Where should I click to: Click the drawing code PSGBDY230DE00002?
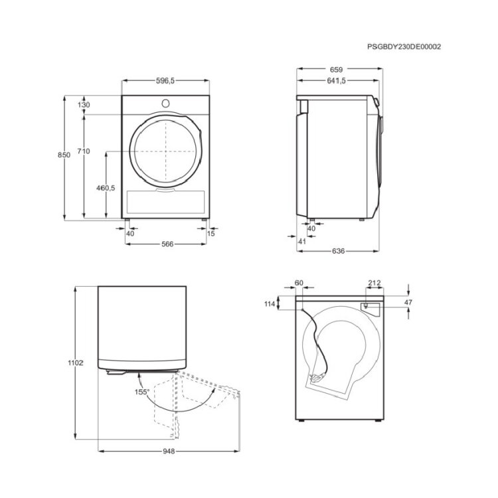click(x=404, y=46)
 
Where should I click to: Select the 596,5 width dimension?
click(x=165, y=80)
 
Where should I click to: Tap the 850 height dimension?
click(x=64, y=155)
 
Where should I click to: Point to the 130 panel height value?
click(x=84, y=104)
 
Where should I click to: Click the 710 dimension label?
click(x=84, y=151)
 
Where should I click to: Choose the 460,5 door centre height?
click(x=106, y=188)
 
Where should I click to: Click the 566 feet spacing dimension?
click(x=167, y=244)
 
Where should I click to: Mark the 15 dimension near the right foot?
click(x=211, y=234)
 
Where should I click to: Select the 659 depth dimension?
click(x=337, y=70)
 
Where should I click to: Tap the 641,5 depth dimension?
click(x=337, y=80)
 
